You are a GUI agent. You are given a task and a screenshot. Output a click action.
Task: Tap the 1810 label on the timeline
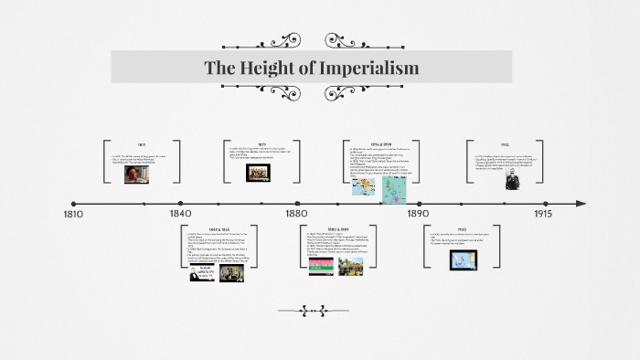73,214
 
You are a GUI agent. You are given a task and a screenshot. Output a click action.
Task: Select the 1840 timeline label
181,214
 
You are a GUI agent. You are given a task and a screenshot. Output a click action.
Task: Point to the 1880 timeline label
295,214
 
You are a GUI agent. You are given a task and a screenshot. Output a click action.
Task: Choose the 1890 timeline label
417,214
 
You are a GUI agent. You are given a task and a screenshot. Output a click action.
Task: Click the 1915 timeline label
541,214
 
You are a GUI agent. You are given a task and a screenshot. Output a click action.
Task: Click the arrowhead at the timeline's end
580,203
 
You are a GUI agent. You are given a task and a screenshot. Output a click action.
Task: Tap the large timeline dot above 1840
181,203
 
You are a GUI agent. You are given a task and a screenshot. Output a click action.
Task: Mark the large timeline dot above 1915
542,203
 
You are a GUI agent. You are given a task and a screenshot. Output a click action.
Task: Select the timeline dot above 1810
74,203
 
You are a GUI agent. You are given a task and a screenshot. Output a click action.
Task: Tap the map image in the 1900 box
463,259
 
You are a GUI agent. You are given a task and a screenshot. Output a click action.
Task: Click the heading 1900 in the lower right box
462,229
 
